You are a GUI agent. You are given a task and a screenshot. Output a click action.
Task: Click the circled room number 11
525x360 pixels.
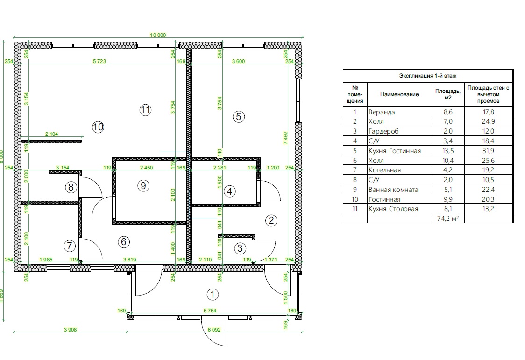(145, 110)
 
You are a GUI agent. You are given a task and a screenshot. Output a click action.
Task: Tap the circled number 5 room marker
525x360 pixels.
(238, 117)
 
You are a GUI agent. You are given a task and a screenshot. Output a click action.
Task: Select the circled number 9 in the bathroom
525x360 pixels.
(143, 185)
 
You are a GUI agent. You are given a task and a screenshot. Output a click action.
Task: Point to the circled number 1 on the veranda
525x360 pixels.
(213, 295)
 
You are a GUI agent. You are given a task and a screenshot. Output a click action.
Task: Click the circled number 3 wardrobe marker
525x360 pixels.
(240, 248)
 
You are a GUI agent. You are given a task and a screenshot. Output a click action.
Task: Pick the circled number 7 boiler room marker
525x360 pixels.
(69, 246)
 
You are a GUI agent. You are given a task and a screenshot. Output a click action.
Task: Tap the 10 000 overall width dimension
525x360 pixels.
(158, 35)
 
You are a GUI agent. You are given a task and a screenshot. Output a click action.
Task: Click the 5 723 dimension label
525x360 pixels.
(99, 61)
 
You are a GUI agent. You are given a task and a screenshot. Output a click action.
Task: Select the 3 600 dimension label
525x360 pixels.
(238, 61)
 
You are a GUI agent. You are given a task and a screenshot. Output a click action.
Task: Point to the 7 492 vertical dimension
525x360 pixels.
(285, 138)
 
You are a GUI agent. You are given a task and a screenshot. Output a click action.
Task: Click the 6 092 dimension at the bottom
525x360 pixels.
(214, 330)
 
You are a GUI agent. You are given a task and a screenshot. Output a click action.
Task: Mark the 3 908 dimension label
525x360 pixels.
(71, 330)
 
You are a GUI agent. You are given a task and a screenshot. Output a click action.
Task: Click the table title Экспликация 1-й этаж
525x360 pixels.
(427, 76)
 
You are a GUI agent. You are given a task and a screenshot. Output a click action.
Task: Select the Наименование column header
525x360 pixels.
(399, 94)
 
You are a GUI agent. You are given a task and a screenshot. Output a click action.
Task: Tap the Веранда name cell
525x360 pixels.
(381, 112)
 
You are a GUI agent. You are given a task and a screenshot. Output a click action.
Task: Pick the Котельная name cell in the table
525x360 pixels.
(384, 170)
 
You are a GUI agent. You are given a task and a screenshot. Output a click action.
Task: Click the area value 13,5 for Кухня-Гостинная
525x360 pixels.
(448, 150)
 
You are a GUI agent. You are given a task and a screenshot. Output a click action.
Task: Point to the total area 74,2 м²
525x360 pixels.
(448, 219)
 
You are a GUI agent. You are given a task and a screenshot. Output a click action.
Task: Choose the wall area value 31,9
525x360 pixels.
(488, 150)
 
